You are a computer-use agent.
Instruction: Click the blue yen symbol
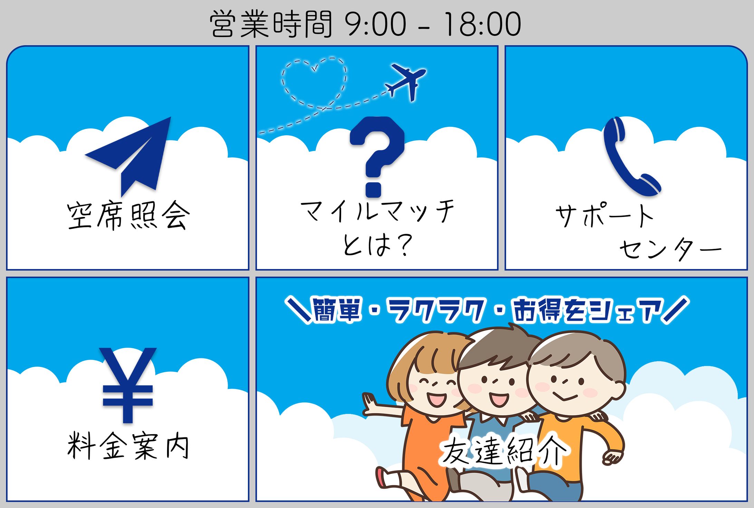(128, 385)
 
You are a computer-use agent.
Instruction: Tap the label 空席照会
(128, 216)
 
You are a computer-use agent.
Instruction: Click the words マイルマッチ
(377, 211)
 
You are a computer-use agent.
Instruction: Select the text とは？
(377, 245)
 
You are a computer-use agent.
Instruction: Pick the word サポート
(604, 216)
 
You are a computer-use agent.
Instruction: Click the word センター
(670, 249)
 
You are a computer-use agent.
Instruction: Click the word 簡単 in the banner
(337, 309)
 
